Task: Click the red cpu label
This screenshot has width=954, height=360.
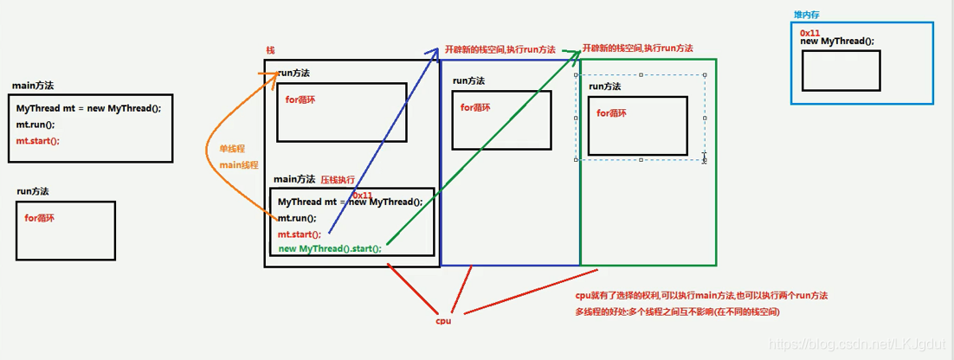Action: point(443,320)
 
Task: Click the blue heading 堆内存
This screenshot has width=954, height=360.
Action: point(807,15)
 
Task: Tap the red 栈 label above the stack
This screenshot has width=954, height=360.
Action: point(271,51)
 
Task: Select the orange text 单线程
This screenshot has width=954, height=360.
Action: point(232,149)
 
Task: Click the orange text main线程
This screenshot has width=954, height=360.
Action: point(239,164)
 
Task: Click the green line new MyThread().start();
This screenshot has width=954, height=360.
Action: point(330,248)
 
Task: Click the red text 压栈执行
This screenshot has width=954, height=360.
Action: point(338,180)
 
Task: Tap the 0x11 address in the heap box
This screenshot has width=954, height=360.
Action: point(810,32)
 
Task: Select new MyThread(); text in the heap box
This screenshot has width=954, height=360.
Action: point(837,42)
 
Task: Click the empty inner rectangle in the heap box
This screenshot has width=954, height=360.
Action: point(841,70)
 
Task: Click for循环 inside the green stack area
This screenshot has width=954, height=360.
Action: point(612,113)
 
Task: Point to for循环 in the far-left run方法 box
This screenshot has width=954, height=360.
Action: point(40,217)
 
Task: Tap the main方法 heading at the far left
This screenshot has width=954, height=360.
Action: point(33,86)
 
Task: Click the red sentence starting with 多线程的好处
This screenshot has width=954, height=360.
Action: point(678,311)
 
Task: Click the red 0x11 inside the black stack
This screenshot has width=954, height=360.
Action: point(362,196)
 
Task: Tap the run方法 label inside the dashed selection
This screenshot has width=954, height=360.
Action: point(604,87)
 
